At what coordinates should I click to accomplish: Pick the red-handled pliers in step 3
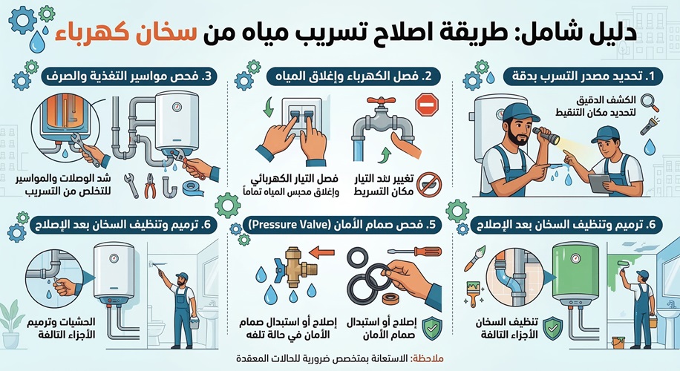[151, 186]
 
